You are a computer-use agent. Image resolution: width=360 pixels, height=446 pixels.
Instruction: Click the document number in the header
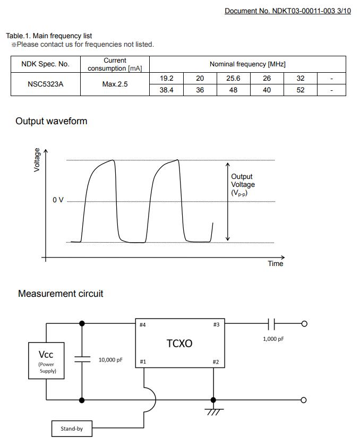coord(287,11)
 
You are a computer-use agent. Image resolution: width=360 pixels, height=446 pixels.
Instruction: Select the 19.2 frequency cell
coord(166,78)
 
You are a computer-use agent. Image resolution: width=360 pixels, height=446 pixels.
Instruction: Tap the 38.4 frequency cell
coord(166,90)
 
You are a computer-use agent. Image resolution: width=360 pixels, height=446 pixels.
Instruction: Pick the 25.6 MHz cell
coord(233,78)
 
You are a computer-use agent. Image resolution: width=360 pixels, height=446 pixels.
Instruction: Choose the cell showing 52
coord(301,90)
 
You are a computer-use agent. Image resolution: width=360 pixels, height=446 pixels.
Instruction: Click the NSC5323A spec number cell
coord(45,84)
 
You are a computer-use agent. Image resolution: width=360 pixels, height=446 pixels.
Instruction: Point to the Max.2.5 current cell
coord(115,84)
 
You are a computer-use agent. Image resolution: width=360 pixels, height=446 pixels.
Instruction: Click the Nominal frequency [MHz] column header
coord(247,64)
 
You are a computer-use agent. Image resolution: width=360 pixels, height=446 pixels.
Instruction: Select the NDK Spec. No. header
coord(45,64)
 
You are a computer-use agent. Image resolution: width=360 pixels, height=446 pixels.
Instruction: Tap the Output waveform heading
coord(51,121)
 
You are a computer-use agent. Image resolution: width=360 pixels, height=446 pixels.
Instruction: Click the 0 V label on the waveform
coord(58,200)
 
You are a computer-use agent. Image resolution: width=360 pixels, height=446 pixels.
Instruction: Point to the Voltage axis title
coord(37,160)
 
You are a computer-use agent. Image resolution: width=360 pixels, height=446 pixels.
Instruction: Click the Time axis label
coord(276,264)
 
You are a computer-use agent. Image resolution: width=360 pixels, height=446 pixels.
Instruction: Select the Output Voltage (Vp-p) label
coord(243,185)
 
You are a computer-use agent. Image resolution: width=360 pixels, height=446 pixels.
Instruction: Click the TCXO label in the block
coord(179,344)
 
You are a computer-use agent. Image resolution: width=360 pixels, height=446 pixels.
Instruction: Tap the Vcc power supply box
coord(46,361)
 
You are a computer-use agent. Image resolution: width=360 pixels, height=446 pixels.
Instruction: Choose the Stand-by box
coord(71,428)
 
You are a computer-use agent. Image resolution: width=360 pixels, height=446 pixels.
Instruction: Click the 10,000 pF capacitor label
coord(110,360)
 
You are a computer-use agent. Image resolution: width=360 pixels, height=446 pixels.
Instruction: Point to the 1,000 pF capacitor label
coord(273,339)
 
